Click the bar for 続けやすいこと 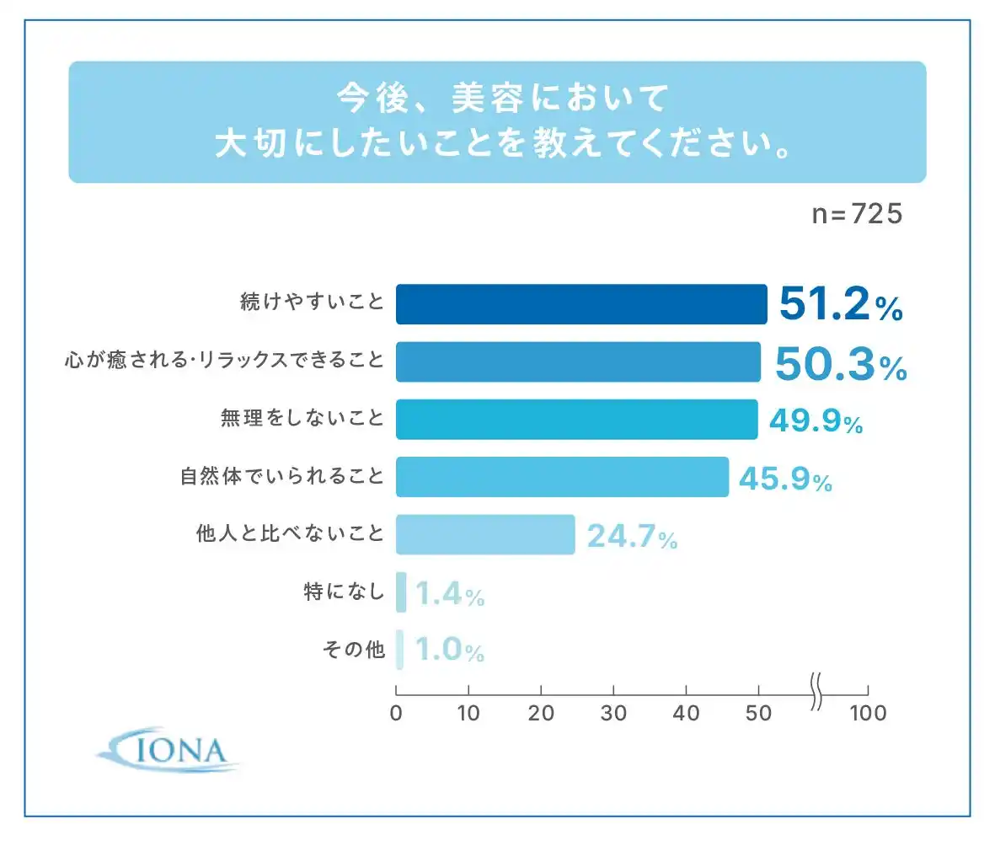tap(581, 304)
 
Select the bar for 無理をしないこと tap(576, 420)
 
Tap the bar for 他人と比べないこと tap(485, 534)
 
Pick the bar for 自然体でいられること tap(562, 477)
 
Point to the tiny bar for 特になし tap(401, 592)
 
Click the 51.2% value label tap(840, 305)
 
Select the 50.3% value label tap(839, 363)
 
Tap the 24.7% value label tap(632, 536)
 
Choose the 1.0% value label tap(450, 651)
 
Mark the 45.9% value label tap(785, 479)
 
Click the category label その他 tap(353, 651)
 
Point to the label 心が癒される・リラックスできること tap(224, 362)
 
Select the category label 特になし tap(344, 592)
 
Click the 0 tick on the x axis tap(396, 713)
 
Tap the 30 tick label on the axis tap(614, 713)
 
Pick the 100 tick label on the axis tap(868, 713)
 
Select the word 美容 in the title tap(482, 99)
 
